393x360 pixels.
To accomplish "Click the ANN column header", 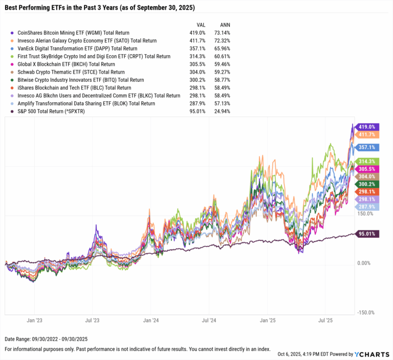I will [x=224, y=24].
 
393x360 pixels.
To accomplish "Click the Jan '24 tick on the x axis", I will [x=150, y=321].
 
